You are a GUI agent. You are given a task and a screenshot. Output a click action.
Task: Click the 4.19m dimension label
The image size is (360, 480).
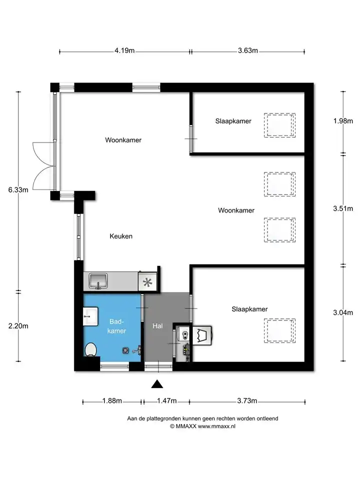click(x=124, y=50)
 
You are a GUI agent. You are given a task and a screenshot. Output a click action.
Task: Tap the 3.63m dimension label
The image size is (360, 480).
click(x=248, y=50)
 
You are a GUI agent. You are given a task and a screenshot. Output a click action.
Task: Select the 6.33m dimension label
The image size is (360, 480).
click(x=18, y=190)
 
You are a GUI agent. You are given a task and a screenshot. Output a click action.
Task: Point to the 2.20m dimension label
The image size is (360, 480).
click(x=18, y=326)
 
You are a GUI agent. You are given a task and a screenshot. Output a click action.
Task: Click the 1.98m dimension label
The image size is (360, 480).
click(x=343, y=121)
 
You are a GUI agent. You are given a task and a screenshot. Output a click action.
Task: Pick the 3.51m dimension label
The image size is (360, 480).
click(x=343, y=209)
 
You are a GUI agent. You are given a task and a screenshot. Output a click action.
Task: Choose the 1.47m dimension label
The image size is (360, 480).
click(x=167, y=400)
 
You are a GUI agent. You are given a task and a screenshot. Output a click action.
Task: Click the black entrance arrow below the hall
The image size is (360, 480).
click(x=157, y=384)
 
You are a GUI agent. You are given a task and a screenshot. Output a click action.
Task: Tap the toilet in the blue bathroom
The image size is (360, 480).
click(x=91, y=349)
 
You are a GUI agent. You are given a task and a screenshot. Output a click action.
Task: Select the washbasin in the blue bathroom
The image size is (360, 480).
click(x=90, y=316)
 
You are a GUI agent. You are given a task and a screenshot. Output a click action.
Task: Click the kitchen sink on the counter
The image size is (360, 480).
click(x=98, y=281)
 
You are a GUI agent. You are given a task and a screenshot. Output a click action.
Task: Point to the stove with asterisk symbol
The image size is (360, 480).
click(x=147, y=282)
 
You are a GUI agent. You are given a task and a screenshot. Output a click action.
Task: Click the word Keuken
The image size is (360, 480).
click(x=121, y=236)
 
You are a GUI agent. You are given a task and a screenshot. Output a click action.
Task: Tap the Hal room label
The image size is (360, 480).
click(x=157, y=326)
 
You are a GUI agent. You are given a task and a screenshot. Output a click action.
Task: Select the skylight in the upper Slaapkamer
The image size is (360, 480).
click(x=280, y=125)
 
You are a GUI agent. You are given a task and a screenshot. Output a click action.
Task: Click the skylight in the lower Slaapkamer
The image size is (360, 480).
click(x=280, y=331)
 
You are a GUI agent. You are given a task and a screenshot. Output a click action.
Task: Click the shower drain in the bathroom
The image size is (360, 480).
click(x=125, y=350)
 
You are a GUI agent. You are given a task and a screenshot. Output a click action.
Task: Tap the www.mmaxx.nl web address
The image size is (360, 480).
click(x=216, y=426)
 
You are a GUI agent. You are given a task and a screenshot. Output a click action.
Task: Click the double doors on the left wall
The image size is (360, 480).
click(x=44, y=166)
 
